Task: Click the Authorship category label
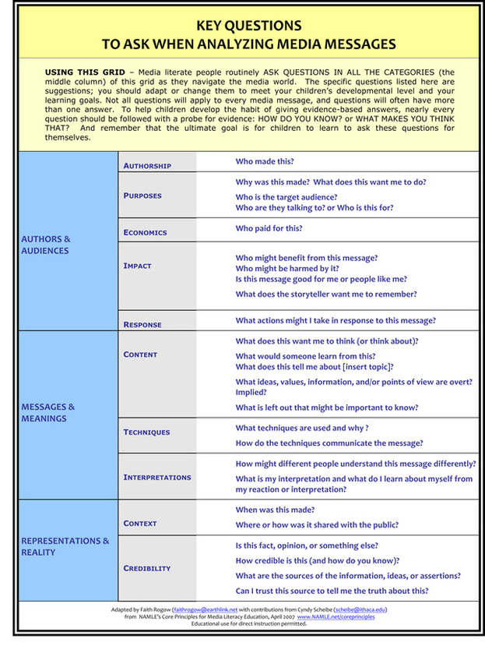(147, 166)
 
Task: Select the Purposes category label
(142, 196)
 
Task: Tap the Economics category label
(145, 232)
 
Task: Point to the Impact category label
(137, 266)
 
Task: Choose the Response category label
(142, 324)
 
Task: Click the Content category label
(140, 355)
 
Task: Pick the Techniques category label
(146, 432)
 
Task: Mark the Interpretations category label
(156, 477)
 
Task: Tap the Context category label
(140, 524)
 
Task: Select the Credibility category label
(146, 568)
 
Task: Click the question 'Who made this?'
(265, 161)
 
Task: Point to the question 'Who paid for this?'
(269, 228)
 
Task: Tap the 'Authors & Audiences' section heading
(46, 245)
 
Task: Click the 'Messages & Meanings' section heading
(48, 412)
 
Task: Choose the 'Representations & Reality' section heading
(65, 546)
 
